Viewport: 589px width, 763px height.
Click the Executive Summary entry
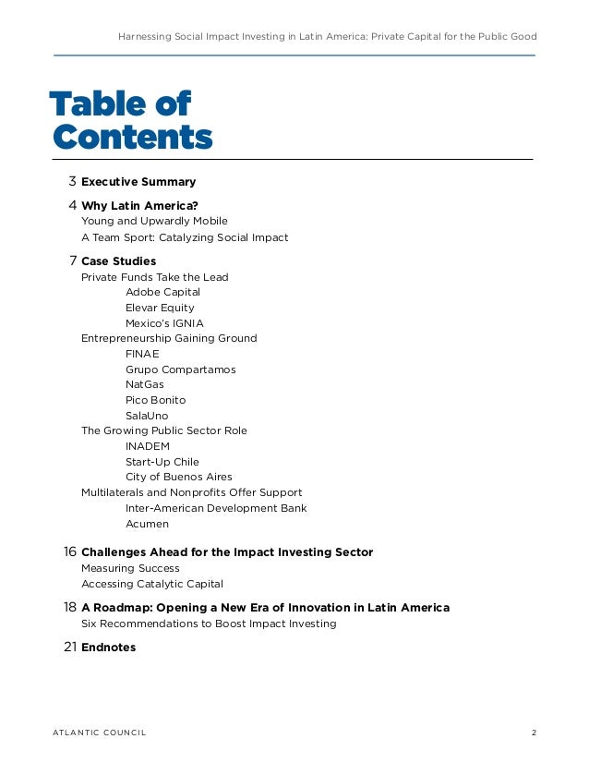(138, 182)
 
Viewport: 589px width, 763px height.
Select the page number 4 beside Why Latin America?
(72, 205)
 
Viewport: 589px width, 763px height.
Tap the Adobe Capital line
(162, 292)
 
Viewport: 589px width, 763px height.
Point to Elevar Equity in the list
(160, 308)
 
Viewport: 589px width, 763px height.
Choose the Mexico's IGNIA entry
(164, 323)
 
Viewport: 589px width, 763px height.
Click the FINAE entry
(142, 354)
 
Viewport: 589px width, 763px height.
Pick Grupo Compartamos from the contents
(180, 369)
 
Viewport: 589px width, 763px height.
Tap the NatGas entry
(146, 384)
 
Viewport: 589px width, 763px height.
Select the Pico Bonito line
(155, 400)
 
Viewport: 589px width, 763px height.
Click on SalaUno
(147, 416)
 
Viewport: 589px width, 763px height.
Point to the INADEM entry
(148, 446)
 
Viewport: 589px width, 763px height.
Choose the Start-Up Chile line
(162, 462)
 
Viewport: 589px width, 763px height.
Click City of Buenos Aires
(178, 477)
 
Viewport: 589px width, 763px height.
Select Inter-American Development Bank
(216, 508)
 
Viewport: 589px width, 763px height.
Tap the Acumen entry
(147, 524)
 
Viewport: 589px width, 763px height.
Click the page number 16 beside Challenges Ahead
(69, 551)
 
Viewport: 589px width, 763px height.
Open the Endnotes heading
(108, 648)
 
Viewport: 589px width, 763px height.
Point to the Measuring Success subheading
(130, 568)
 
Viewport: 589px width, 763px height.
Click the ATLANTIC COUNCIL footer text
(99, 733)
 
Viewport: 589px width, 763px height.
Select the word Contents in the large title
(132, 138)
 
